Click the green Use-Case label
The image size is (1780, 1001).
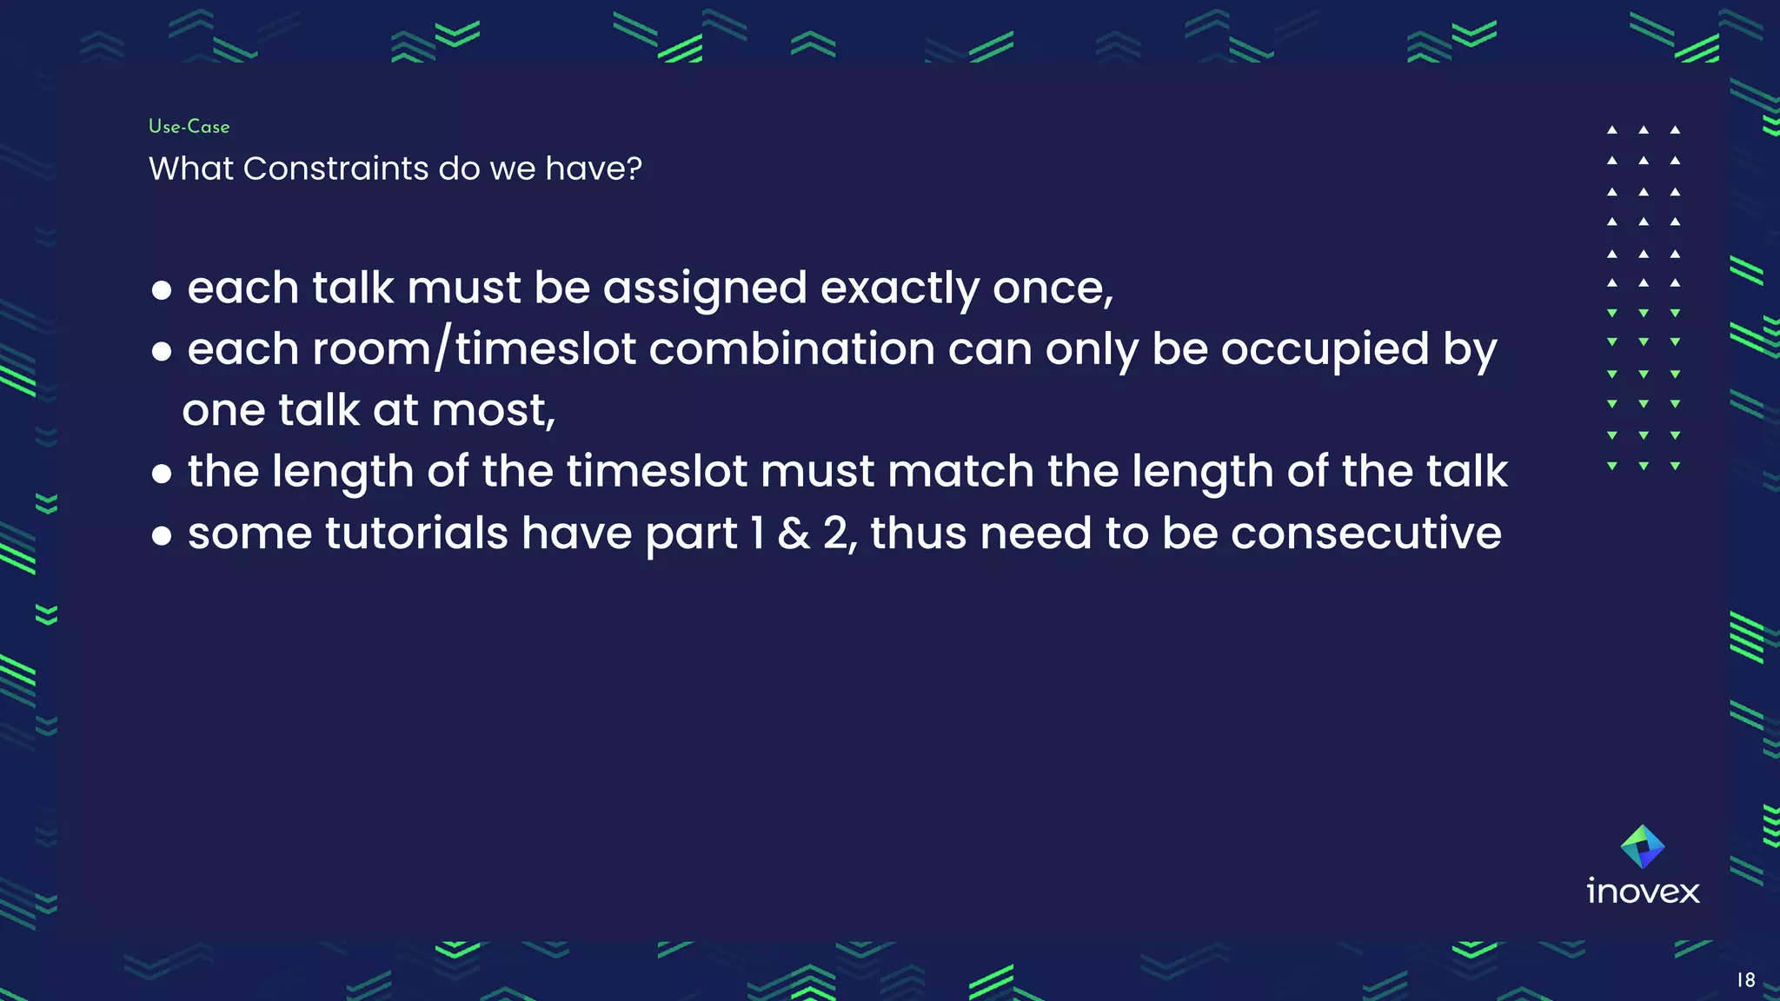189,127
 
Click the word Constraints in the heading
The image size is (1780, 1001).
335,169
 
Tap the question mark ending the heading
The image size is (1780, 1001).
634,169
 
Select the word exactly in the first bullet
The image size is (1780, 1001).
900,288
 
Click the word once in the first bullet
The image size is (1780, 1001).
1050,288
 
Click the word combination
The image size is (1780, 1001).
791,349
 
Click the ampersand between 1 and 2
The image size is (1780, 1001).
794,534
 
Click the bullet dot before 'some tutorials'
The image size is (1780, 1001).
162,537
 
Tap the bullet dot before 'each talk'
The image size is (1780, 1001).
162,291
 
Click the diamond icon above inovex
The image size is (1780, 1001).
1643,846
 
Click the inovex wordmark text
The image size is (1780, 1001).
1643,892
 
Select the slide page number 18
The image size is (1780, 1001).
1745,980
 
